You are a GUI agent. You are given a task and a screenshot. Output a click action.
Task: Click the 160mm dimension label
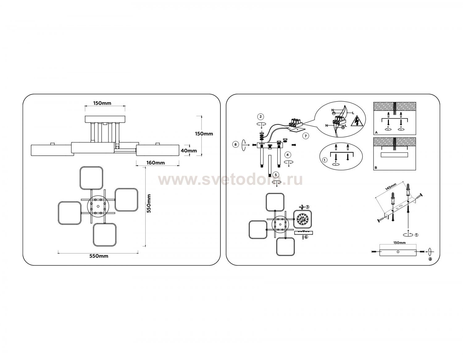pos(156,163)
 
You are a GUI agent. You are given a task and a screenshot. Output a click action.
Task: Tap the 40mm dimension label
pos(189,151)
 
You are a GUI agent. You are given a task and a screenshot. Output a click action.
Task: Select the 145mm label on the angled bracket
pos(390,187)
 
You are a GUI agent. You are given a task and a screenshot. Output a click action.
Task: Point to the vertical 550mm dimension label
pos(149,204)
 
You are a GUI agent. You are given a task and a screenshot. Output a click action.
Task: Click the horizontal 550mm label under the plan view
pos(99,256)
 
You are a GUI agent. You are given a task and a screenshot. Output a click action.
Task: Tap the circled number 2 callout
pos(261,117)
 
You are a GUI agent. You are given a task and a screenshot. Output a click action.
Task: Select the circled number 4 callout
pos(288,155)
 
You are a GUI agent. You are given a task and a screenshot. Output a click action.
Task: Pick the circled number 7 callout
pos(306,136)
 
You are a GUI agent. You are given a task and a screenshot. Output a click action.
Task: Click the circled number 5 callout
pos(276,175)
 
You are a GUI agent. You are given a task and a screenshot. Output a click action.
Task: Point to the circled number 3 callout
pos(307,207)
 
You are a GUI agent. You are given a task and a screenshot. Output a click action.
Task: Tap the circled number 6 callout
pos(306,237)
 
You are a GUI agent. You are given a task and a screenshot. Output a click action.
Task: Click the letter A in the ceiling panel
pos(376,132)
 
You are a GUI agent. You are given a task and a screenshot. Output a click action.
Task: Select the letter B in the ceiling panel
pos(376,168)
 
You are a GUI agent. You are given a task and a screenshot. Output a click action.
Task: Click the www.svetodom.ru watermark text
pos(230,180)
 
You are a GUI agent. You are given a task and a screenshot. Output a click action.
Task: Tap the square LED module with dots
pos(303,219)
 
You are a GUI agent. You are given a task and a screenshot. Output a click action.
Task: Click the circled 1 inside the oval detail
pos(324,160)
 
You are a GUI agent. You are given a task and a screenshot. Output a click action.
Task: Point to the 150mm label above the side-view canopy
pos(102,103)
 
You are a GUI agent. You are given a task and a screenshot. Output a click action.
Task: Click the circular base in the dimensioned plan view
pos(98,206)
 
